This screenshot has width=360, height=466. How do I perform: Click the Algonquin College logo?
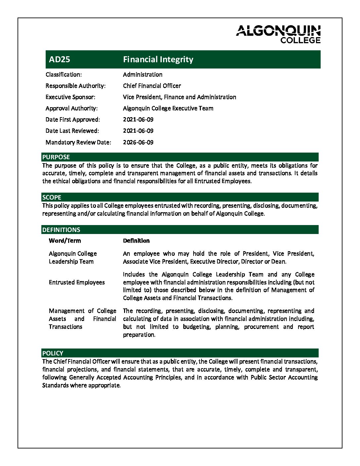point(278,34)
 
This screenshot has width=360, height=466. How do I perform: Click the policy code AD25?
point(60,60)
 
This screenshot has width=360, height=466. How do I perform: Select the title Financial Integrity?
point(158,60)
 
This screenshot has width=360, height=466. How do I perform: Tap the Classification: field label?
point(64,75)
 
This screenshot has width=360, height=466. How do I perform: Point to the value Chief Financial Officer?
point(152,86)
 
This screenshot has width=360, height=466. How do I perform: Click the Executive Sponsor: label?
point(70,97)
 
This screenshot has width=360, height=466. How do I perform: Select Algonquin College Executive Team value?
point(168,109)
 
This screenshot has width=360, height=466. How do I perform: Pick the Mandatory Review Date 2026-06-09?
point(138,142)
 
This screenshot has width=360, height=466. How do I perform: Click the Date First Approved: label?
point(72,120)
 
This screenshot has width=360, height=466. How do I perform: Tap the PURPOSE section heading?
point(56,157)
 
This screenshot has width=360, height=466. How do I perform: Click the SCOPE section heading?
point(52,198)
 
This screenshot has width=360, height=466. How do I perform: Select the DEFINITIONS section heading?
point(61,230)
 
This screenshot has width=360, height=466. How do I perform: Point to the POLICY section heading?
point(53,353)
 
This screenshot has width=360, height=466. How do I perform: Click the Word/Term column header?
point(65,241)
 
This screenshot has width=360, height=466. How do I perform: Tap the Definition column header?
point(136,241)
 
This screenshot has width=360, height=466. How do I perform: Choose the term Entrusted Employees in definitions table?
point(77,283)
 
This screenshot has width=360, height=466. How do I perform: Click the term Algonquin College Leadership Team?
point(73,258)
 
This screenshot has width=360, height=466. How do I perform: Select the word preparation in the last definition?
point(139,335)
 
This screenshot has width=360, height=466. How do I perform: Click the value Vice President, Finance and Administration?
point(179,97)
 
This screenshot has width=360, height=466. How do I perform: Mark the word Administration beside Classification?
point(143,75)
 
